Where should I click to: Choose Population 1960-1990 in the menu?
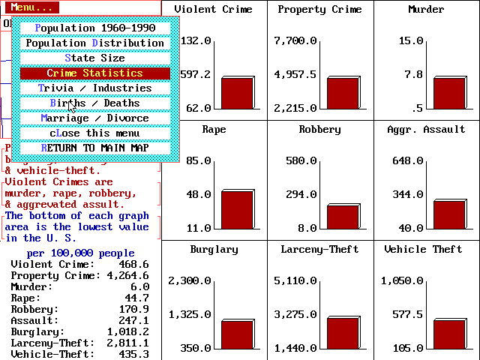[94, 28]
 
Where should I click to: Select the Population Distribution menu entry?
[94, 43]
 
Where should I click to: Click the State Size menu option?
[94, 58]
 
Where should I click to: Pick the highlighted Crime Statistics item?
[94, 73]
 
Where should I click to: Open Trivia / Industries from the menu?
[94, 88]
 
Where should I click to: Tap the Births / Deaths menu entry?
[94, 103]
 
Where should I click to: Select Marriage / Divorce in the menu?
[94, 118]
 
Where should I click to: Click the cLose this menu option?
[94, 133]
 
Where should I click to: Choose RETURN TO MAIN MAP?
[94, 148]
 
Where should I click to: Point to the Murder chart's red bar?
[448, 93]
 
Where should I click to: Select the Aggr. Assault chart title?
[426, 129]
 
